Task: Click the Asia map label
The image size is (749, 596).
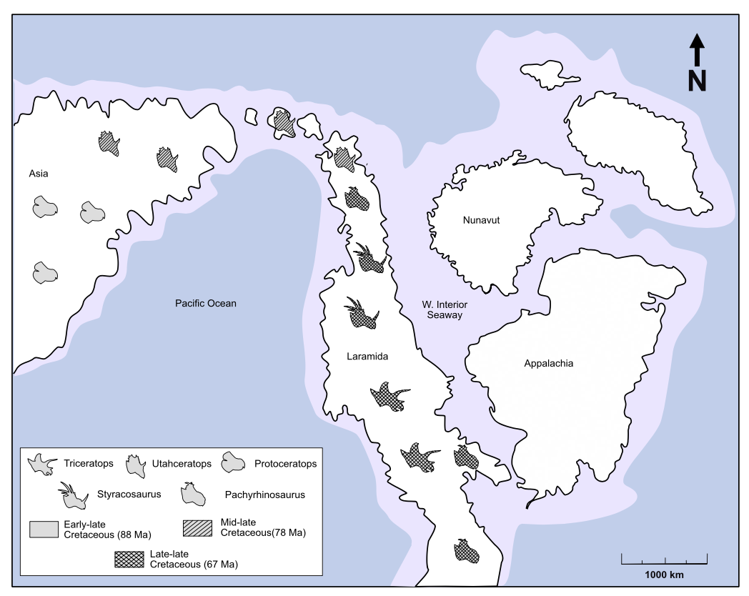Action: point(39,174)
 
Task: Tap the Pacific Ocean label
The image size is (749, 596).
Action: point(206,304)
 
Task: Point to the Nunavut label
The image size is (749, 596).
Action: point(480,220)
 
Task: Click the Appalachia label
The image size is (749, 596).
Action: point(548,364)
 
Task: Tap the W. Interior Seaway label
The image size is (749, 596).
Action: point(444,310)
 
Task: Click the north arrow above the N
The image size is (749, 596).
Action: point(697,51)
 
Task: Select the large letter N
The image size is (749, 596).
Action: point(697,81)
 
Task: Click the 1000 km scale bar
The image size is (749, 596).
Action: point(663,558)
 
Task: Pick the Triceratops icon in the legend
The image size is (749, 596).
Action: point(42,465)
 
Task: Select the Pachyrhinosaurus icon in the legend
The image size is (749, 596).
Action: point(192,493)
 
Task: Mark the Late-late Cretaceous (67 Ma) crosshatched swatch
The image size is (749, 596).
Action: point(129,559)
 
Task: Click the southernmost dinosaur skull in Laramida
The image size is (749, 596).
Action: point(466,551)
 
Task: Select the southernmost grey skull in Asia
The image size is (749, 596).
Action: point(44,272)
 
